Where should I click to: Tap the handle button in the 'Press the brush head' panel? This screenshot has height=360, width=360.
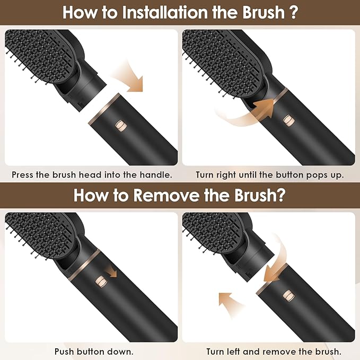120,127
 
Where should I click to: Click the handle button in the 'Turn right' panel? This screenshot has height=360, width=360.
290,120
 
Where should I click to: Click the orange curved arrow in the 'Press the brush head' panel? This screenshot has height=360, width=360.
133,75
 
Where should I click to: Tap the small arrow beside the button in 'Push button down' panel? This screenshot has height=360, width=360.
111,271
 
